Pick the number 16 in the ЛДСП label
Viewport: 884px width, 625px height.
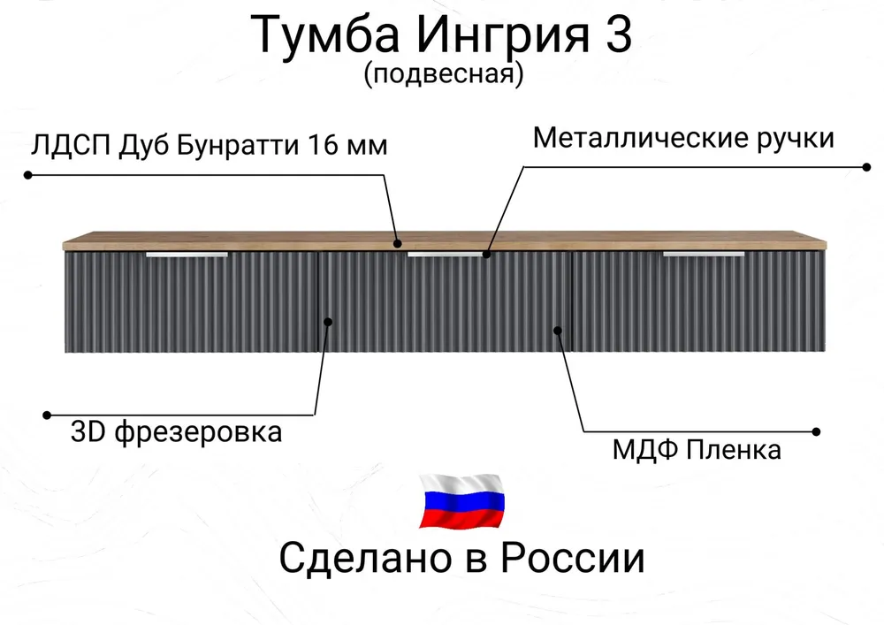click(324, 145)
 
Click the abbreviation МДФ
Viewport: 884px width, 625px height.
click(641, 450)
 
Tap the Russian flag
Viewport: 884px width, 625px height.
click(461, 501)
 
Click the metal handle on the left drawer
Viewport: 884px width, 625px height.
click(187, 255)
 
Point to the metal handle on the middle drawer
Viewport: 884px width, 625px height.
click(447, 255)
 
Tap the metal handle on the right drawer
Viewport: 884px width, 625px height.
click(704, 255)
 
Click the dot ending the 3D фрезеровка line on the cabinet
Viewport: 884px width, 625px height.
click(328, 322)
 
